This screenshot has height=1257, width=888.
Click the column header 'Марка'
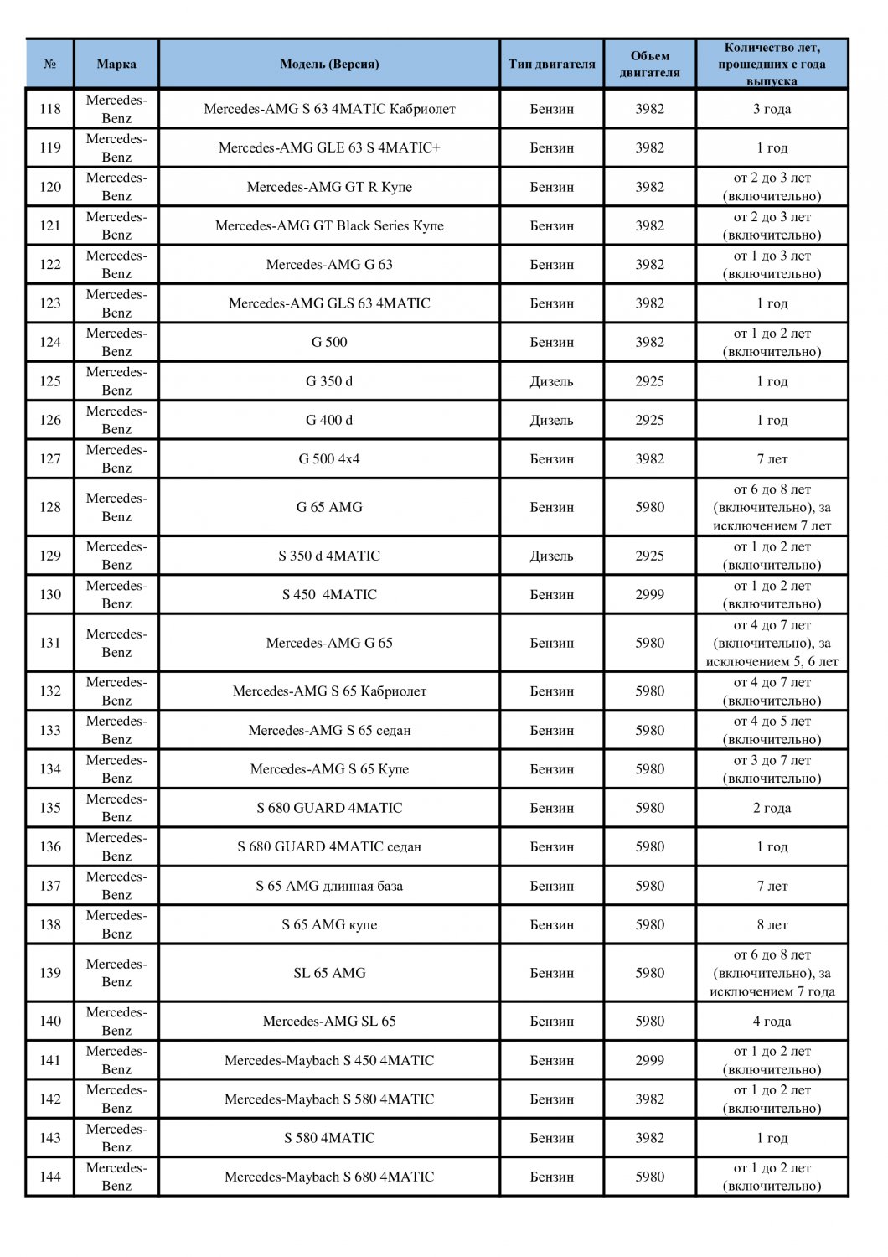[116, 64]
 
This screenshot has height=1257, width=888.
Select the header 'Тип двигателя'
[551, 64]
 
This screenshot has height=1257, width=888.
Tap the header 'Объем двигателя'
[649, 64]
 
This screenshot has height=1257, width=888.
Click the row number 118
[50, 109]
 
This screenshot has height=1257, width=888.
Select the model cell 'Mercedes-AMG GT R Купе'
[329, 187]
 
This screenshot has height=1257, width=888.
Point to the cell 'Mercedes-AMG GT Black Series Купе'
[329, 225]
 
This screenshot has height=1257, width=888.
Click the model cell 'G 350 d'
[329, 381]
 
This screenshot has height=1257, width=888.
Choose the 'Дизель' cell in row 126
[551, 420]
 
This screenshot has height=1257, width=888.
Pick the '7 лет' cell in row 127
[772, 459]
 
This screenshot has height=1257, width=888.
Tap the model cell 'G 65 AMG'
[329, 507]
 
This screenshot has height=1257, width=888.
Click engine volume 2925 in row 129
[649, 556]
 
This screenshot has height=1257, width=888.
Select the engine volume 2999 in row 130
[649, 594]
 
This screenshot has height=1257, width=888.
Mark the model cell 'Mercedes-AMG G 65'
[329, 643]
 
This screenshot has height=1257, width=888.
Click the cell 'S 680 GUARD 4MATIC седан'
[329, 846]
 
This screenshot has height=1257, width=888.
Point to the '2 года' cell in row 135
[772, 808]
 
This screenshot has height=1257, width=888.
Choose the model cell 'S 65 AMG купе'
[329, 924]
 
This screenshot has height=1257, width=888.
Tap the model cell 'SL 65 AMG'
[329, 973]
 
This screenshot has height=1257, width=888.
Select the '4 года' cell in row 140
[772, 1022]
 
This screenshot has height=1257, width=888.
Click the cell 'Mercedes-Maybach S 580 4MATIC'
[329, 1099]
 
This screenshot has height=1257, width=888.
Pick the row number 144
[50, 1177]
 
